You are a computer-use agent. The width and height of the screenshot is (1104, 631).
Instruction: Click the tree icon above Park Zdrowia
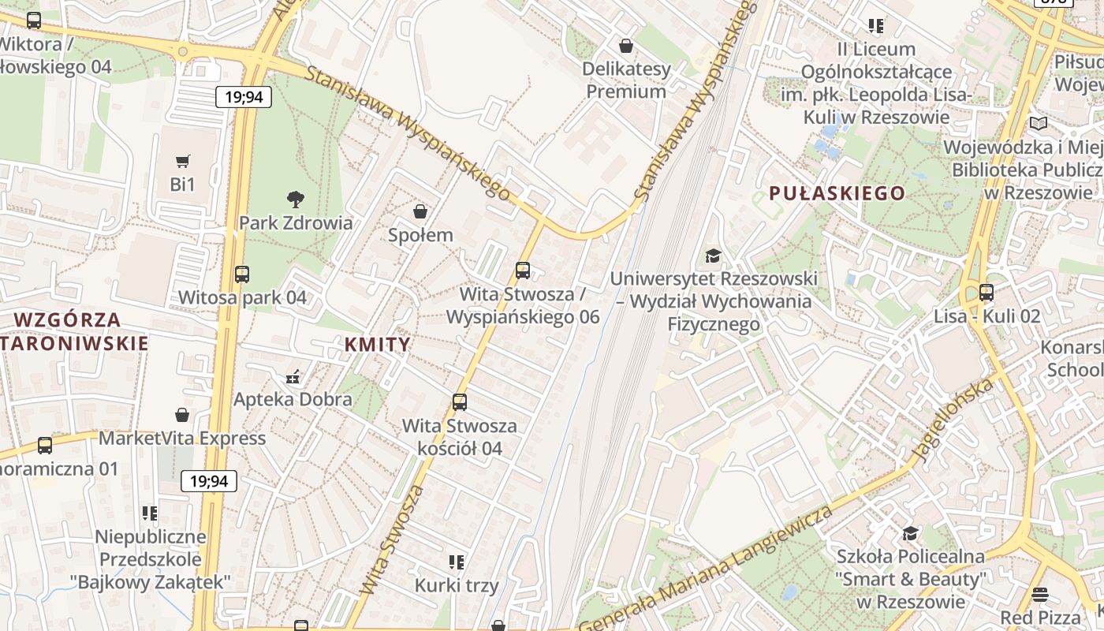(296, 199)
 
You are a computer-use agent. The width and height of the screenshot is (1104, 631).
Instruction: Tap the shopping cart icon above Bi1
(182, 162)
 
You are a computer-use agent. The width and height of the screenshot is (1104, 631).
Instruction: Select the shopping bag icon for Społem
(420, 211)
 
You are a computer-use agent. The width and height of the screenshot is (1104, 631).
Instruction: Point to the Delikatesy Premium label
(626, 80)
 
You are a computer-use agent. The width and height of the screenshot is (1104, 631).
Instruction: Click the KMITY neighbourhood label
(378, 344)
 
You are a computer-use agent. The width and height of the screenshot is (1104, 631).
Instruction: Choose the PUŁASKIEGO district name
(837, 193)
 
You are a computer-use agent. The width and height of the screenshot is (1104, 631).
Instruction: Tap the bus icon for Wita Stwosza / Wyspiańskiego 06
(523, 271)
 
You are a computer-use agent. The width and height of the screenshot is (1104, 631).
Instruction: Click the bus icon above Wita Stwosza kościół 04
(460, 402)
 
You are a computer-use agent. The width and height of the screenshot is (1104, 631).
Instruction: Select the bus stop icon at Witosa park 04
(242, 274)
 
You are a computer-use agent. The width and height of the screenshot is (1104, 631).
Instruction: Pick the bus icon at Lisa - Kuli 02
(987, 293)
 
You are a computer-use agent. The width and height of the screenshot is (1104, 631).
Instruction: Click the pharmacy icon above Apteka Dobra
(293, 376)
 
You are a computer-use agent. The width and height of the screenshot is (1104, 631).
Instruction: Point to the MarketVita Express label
(182, 438)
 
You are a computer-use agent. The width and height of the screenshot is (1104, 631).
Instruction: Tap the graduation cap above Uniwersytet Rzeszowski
(713, 256)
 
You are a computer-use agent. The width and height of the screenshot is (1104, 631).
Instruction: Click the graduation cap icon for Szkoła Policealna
(910, 533)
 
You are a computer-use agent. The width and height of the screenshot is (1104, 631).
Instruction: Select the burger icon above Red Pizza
(1040, 594)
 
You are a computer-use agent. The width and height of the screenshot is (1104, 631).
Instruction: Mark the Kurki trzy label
(457, 586)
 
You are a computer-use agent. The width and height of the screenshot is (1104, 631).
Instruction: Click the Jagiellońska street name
(952, 420)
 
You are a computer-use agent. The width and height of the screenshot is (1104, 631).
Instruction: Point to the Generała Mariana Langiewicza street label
(706, 569)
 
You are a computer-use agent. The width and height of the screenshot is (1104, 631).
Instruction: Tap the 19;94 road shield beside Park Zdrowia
(244, 97)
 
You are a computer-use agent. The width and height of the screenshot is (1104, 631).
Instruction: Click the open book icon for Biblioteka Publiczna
(1039, 124)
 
